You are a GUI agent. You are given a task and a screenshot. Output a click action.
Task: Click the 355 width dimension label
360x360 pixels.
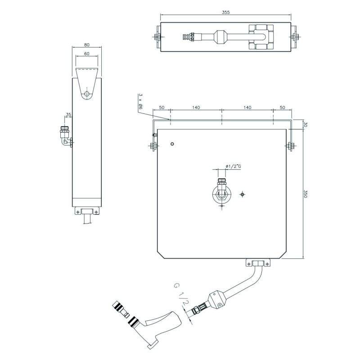pos(226,13)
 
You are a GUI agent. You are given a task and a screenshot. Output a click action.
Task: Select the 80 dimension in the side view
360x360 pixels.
pos(87,45)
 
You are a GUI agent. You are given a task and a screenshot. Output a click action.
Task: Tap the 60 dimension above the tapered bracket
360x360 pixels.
pos(87,54)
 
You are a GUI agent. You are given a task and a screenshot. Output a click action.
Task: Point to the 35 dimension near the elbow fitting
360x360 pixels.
pos(68,114)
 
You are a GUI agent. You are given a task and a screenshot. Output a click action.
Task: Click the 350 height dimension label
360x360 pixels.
pos(306,193)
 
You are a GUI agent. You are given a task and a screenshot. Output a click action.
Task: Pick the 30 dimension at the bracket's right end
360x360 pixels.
pos(306,125)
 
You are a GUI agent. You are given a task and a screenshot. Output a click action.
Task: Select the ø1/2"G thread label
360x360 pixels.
pos(233,166)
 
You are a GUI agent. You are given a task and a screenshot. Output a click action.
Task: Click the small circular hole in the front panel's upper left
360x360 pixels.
pos(172,144)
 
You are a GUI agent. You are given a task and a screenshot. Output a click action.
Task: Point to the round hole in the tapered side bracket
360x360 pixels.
pos(87,94)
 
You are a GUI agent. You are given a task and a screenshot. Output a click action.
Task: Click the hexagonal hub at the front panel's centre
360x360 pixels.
pos(222,195)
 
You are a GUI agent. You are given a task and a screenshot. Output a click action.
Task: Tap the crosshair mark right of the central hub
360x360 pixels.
pos(242,195)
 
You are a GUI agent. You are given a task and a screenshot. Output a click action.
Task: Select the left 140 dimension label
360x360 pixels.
pos(196,108)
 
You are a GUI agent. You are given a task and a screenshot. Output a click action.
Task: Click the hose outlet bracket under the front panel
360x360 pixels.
pos(258,263)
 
